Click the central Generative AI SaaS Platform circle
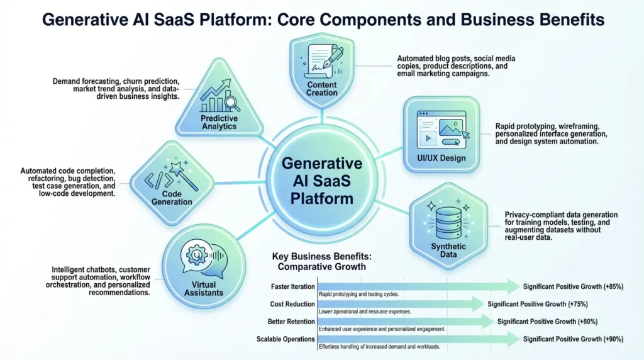322,181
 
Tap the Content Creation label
322,89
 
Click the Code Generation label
172,198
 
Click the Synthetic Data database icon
448,217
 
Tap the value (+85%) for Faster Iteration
610,287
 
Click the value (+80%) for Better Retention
584,322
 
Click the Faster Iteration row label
293,287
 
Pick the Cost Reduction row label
292,304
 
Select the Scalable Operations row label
286,339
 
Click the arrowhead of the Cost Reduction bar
480,304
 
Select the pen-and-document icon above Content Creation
322,61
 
